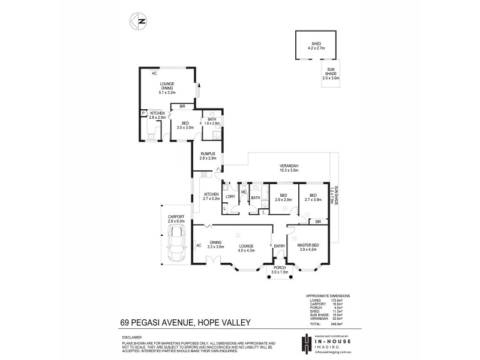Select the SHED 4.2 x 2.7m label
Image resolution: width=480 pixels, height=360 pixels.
pyautogui.click(x=316, y=45)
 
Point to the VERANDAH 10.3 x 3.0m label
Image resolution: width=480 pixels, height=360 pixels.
pyautogui.click(x=289, y=168)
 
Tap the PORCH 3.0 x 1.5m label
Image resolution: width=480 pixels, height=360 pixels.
pyautogui.click(x=280, y=271)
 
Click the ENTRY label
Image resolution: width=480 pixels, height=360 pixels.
pyautogui.click(x=279, y=246)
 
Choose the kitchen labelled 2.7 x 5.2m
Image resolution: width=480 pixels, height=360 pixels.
pyautogui.click(x=211, y=196)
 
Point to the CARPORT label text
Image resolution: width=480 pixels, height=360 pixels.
pyautogui.click(x=176, y=216)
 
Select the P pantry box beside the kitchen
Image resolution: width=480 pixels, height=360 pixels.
pyautogui.click(x=143, y=113)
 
